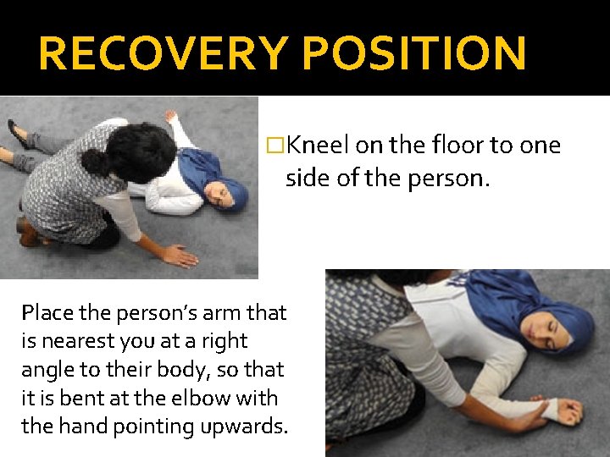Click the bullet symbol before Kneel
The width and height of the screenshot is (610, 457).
[x=274, y=146]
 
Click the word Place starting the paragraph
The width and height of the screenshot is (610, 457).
[x=50, y=313]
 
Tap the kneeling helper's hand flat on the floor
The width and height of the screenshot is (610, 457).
[x=180, y=255]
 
